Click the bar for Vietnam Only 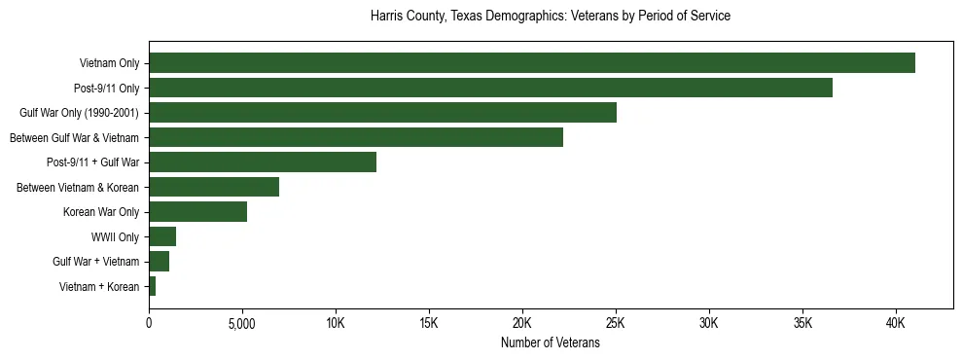point(531,63)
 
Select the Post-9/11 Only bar point(490,88)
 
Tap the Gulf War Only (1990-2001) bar point(382,113)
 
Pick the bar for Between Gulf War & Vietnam point(356,137)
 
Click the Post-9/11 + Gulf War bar point(263,162)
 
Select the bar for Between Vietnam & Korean point(214,187)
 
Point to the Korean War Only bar point(197,212)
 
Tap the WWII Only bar point(162,236)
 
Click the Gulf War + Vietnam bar point(159,261)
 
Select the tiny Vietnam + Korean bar point(152,286)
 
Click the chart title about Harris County point(550,17)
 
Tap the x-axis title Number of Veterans point(550,343)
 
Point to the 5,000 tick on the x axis point(242,323)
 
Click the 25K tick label point(616,323)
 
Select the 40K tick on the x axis point(896,323)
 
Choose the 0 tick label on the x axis point(149,323)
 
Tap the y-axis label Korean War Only point(101,212)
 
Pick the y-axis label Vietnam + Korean point(99,286)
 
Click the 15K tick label point(429,323)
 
